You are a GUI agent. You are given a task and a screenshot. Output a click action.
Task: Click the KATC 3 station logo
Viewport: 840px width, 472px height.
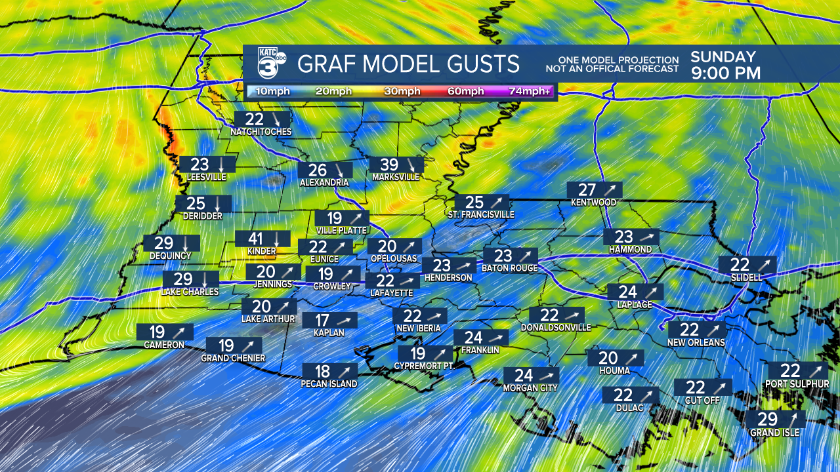point(270,64)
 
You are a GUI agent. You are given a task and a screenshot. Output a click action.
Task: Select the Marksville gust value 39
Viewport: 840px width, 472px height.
point(389,165)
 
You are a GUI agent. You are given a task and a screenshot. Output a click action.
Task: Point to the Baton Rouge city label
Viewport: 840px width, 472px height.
point(510,268)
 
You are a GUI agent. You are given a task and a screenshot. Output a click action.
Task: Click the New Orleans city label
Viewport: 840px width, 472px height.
point(696,342)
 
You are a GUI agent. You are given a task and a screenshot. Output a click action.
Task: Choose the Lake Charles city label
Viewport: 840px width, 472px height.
point(190,292)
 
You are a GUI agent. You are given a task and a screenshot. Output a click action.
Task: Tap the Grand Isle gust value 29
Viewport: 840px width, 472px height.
point(768,420)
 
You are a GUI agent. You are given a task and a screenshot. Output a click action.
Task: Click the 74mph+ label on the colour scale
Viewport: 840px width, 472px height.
point(530,91)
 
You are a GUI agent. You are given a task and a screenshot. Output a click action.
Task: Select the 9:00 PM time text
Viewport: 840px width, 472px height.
point(725,73)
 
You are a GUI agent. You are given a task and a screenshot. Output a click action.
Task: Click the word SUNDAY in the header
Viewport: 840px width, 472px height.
point(723,57)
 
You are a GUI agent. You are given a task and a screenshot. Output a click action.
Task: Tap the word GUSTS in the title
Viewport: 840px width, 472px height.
point(481,64)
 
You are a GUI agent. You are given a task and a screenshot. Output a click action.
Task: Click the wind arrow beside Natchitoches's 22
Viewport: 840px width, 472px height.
point(276,119)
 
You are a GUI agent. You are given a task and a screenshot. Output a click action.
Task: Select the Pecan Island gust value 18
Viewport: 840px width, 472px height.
point(322,371)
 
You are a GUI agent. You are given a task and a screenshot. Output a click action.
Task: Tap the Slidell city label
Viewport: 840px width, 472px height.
point(747,277)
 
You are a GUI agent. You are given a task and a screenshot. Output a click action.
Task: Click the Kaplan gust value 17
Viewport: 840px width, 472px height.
point(322,321)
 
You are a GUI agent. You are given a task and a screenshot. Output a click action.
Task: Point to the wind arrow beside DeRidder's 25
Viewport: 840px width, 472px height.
point(218,204)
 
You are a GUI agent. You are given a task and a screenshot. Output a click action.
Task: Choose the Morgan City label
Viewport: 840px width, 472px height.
point(530,387)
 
